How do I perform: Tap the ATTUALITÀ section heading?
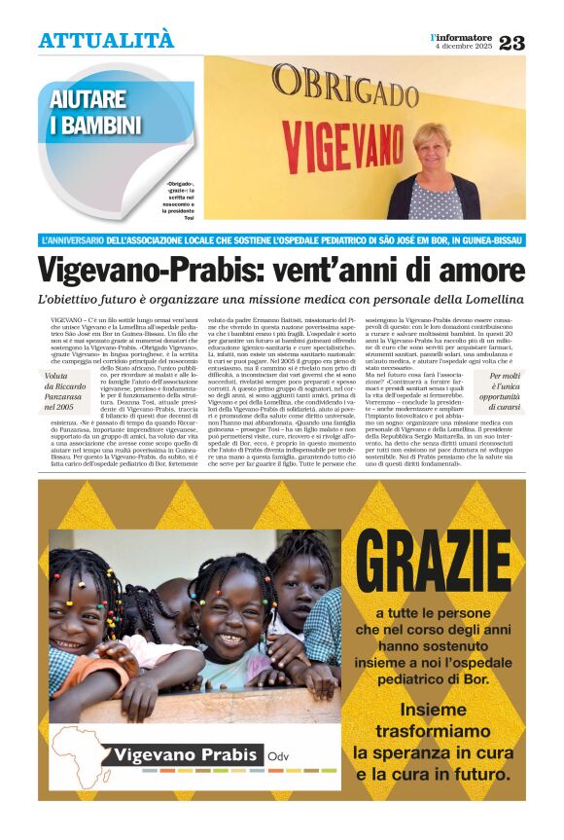106,40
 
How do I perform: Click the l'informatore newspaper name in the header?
462,36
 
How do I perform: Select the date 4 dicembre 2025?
463,47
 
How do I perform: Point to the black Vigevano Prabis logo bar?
186,754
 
